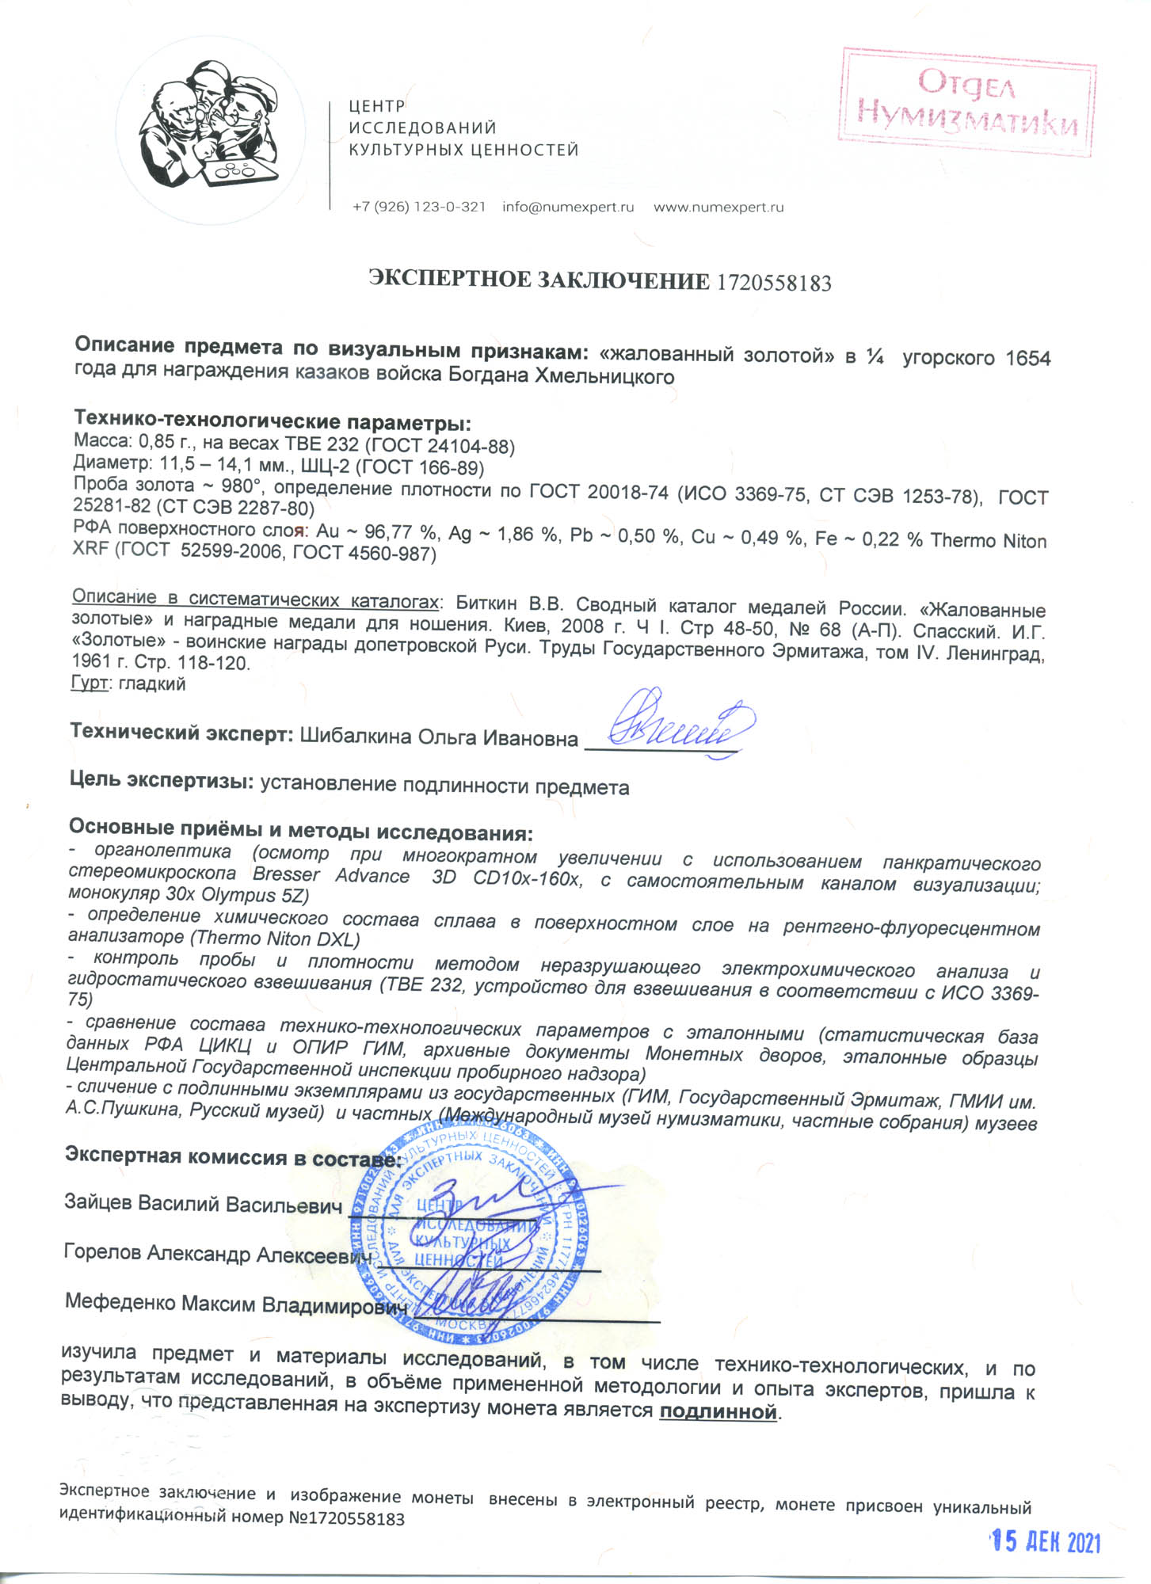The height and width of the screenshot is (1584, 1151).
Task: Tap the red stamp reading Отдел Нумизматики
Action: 967,101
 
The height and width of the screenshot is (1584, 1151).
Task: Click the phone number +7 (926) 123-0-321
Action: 418,208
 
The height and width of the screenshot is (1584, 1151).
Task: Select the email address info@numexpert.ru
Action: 568,208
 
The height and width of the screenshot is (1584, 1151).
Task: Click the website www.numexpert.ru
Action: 718,208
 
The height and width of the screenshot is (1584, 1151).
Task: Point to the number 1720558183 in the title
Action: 774,283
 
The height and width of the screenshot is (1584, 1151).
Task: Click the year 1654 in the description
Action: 1027,358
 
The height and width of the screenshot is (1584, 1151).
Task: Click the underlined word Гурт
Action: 89,683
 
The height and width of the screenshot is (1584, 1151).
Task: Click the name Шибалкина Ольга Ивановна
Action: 438,738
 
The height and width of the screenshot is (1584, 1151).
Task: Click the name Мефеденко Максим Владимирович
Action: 235,1303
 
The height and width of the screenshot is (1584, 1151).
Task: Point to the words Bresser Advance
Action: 330,876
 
